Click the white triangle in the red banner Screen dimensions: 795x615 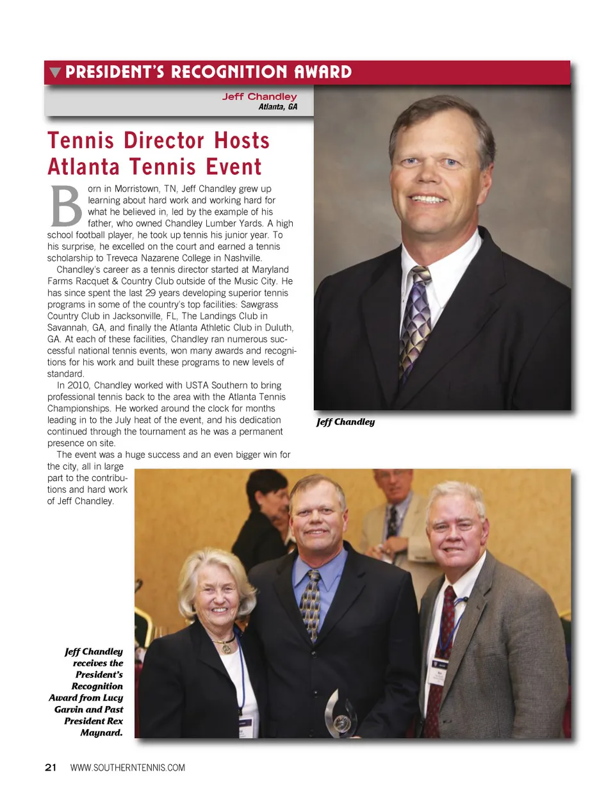click(x=55, y=72)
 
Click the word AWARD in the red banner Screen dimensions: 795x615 click(x=323, y=72)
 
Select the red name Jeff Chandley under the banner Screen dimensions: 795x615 click(x=259, y=97)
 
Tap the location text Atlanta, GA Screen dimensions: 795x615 click(x=277, y=107)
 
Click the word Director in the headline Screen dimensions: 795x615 click(x=165, y=140)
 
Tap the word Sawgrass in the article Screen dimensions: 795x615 click(x=259, y=305)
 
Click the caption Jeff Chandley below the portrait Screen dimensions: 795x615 click(x=345, y=422)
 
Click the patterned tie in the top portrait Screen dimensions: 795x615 click(x=415, y=320)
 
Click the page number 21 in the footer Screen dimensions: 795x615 click(x=51, y=767)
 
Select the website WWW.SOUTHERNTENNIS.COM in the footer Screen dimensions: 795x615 click(x=127, y=767)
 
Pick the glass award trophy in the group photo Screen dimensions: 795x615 click(x=340, y=714)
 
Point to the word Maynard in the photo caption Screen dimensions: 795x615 click(x=101, y=732)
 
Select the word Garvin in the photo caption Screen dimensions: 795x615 click(x=69, y=709)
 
